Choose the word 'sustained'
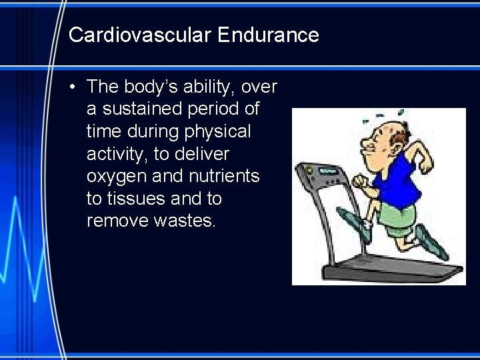tap(141, 109)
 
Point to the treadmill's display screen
tap(329, 171)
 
